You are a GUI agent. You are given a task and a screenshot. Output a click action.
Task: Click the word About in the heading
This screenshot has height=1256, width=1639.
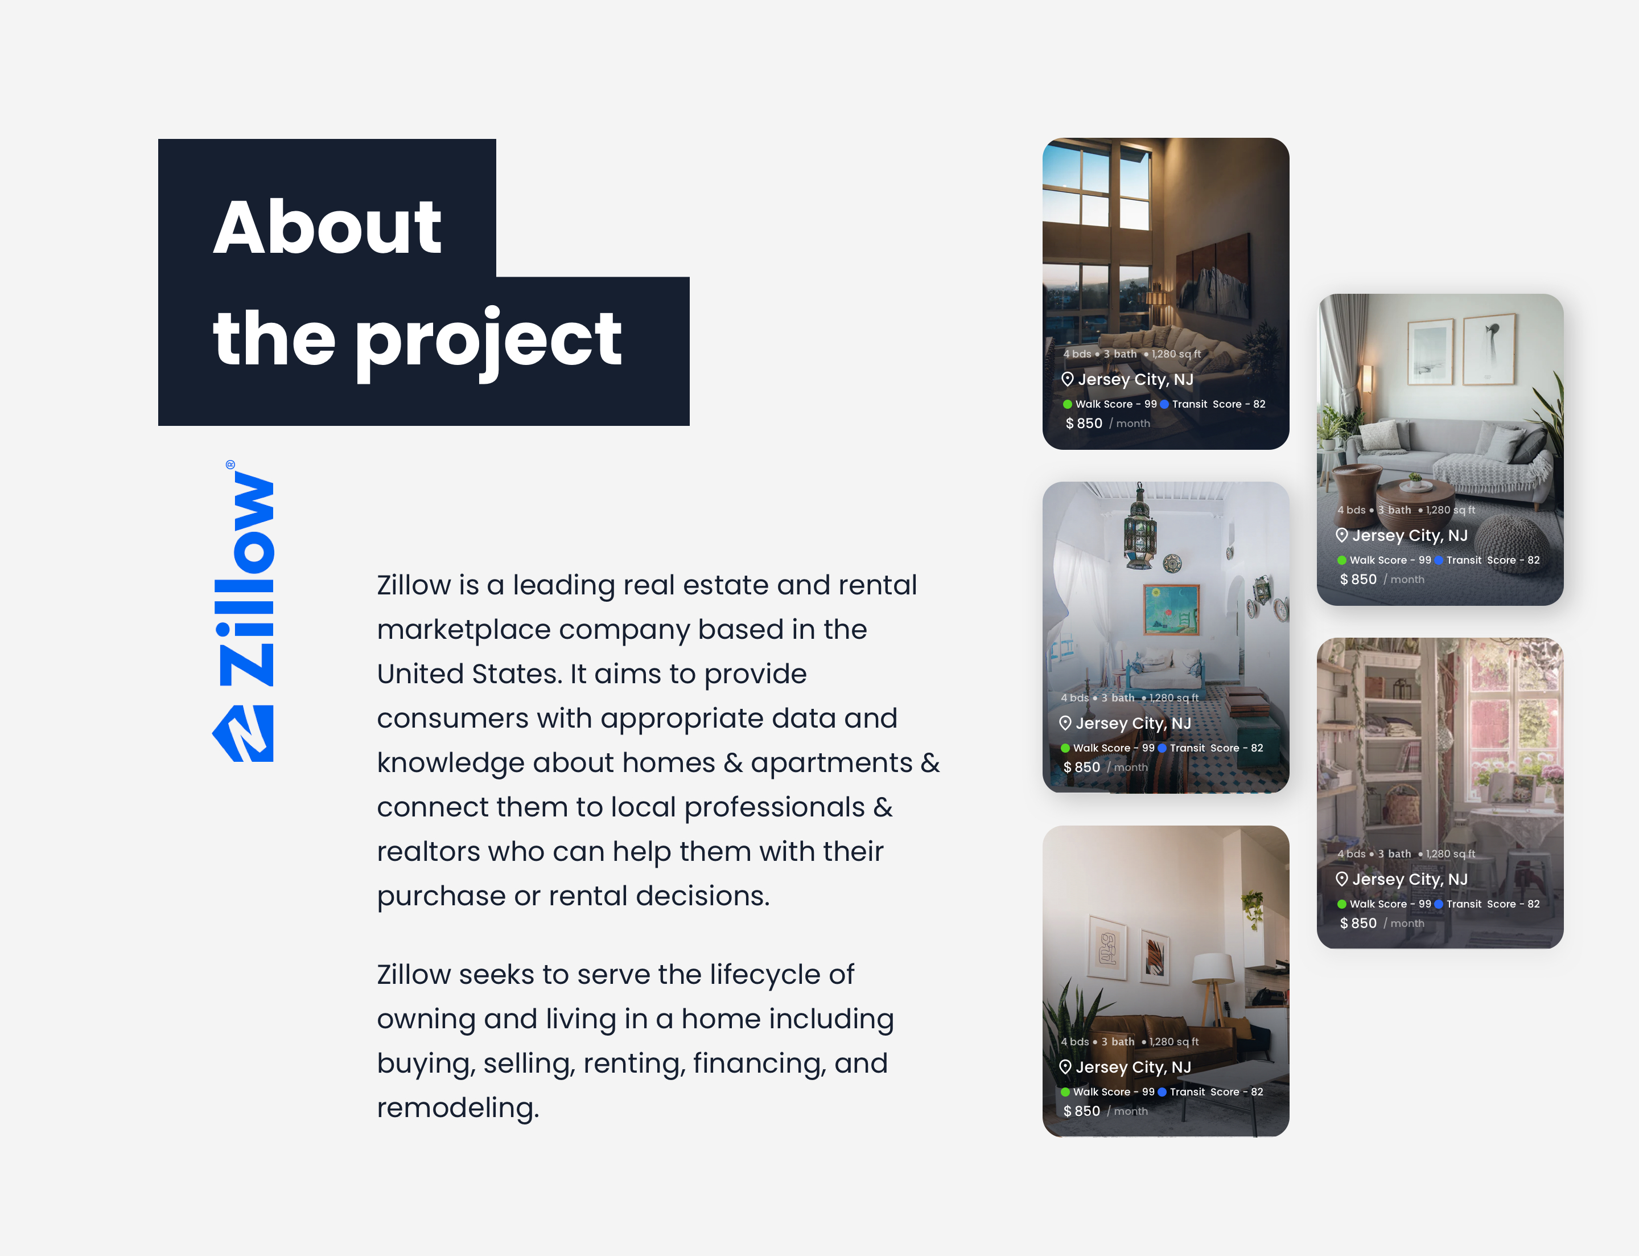(x=327, y=227)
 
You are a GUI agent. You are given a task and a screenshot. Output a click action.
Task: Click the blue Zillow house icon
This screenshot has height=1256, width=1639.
(x=244, y=733)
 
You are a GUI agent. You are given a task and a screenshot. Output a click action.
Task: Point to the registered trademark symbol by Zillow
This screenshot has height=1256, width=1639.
(x=230, y=464)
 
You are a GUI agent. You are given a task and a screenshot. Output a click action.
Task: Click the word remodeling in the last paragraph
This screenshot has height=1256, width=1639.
(x=458, y=1108)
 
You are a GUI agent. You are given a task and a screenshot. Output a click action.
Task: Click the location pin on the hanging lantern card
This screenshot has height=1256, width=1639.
(x=1065, y=723)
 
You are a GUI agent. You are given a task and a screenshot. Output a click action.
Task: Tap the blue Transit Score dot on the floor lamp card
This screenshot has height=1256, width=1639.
(x=1162, y=1091)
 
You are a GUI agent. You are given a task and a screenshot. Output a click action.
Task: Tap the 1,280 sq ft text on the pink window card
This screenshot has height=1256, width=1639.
(x=1451, y=854)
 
